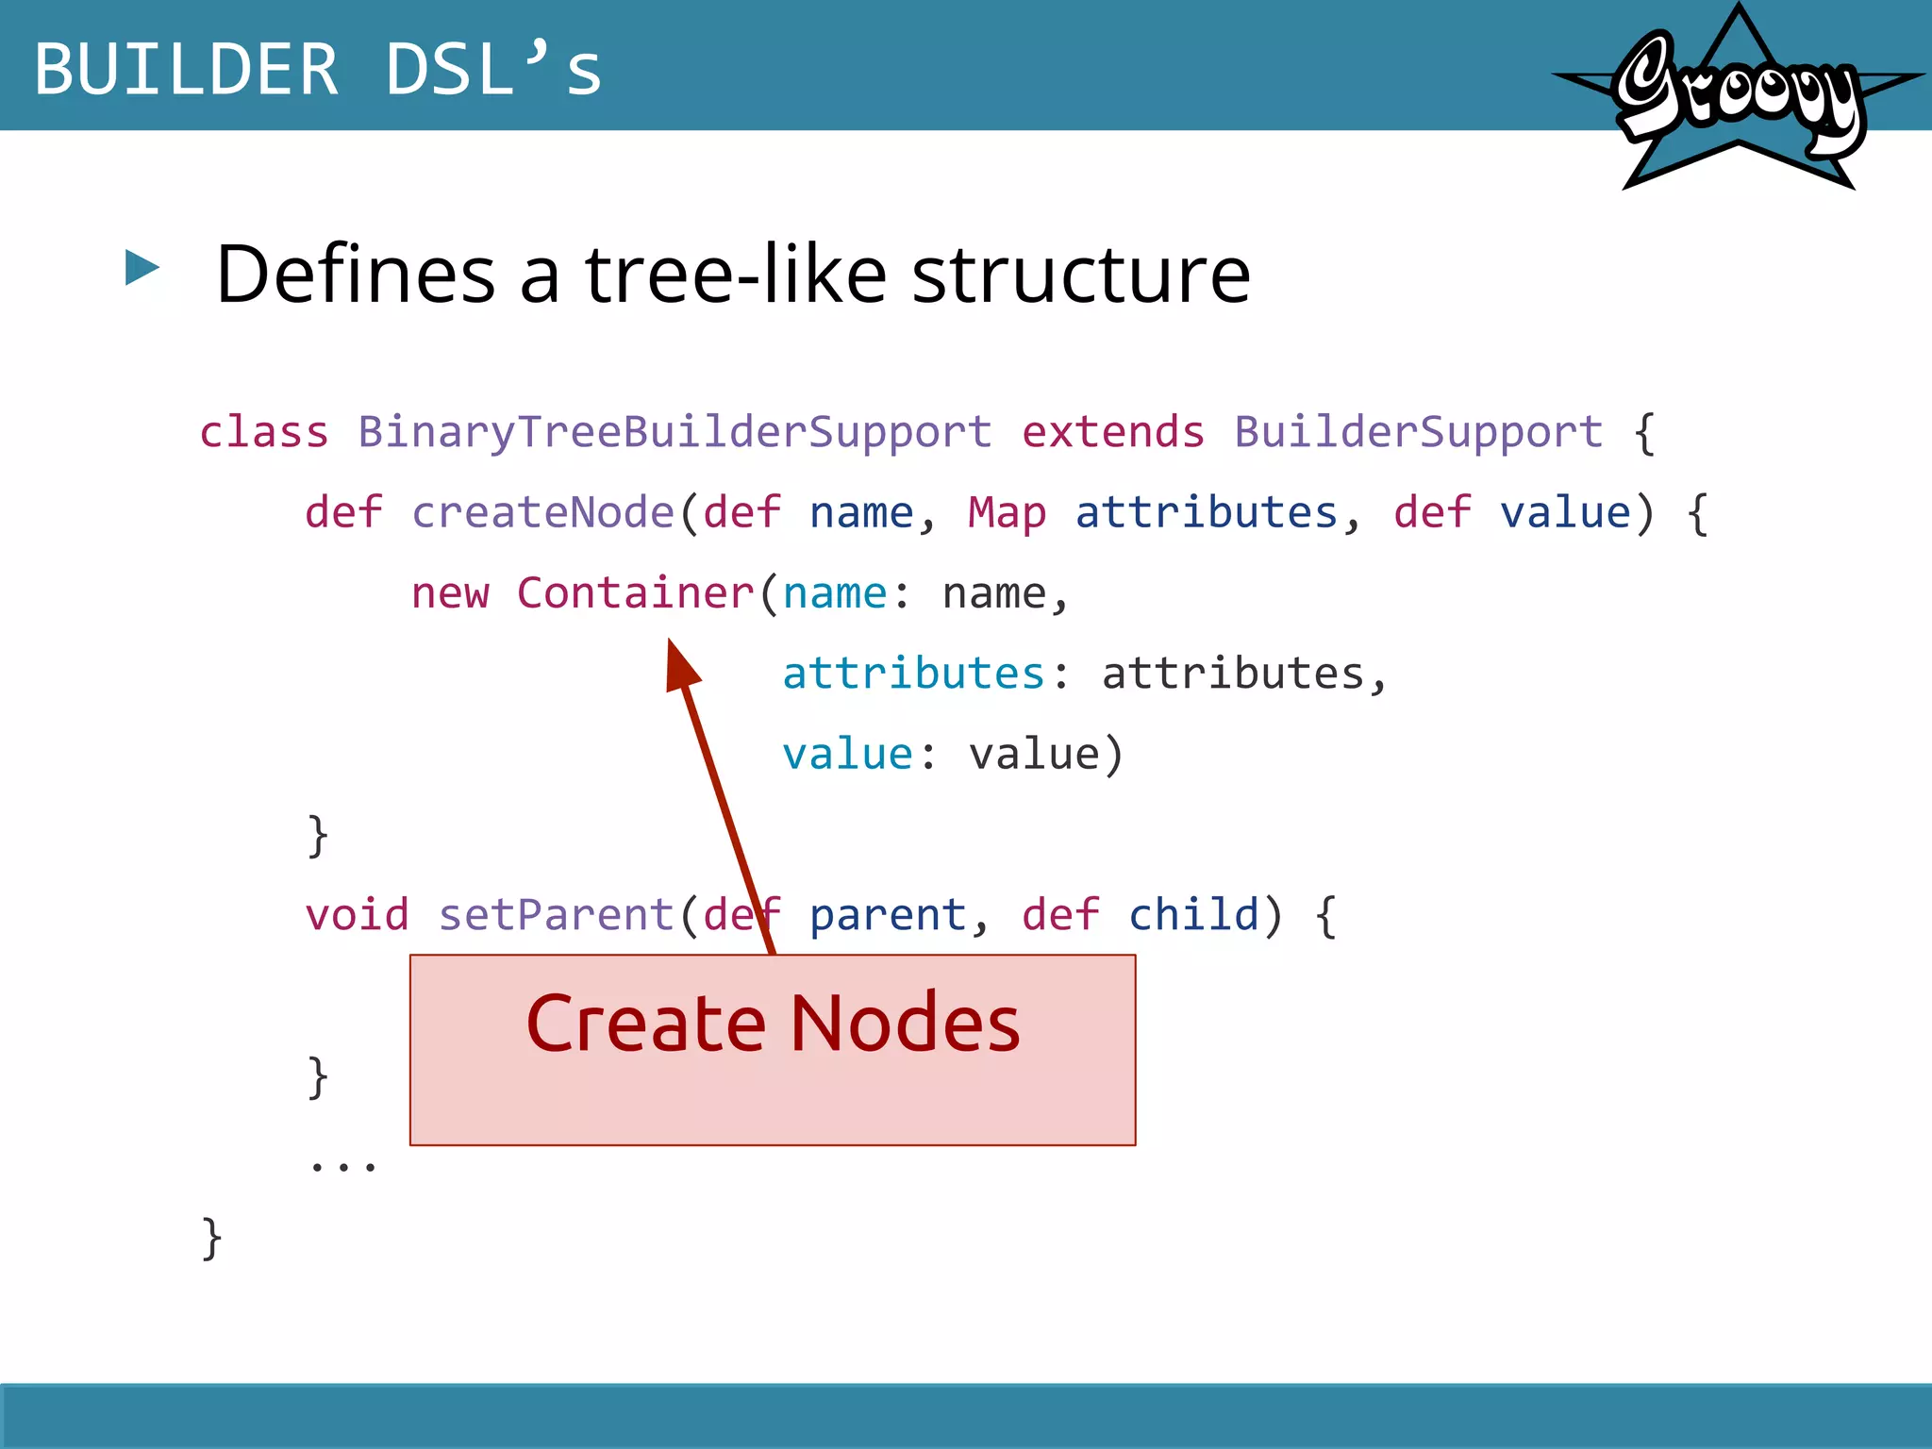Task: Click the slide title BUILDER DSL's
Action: [318, 70]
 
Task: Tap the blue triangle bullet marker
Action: [142, 268]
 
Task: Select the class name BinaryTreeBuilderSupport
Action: [675, 433]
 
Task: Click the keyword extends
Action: [1113, 433]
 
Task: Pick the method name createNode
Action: [542, 513]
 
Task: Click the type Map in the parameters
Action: [1007, 513]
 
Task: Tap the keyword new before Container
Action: [450, 593]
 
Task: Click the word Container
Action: [635, 593]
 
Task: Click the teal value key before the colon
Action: [847, 755]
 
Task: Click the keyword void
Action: [357, 915]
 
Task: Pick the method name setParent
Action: [557, 915]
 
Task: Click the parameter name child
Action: [1193, 915]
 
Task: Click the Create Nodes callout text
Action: [773, 1024]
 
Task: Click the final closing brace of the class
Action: [212, 1238]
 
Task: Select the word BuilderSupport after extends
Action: [1418, 433]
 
